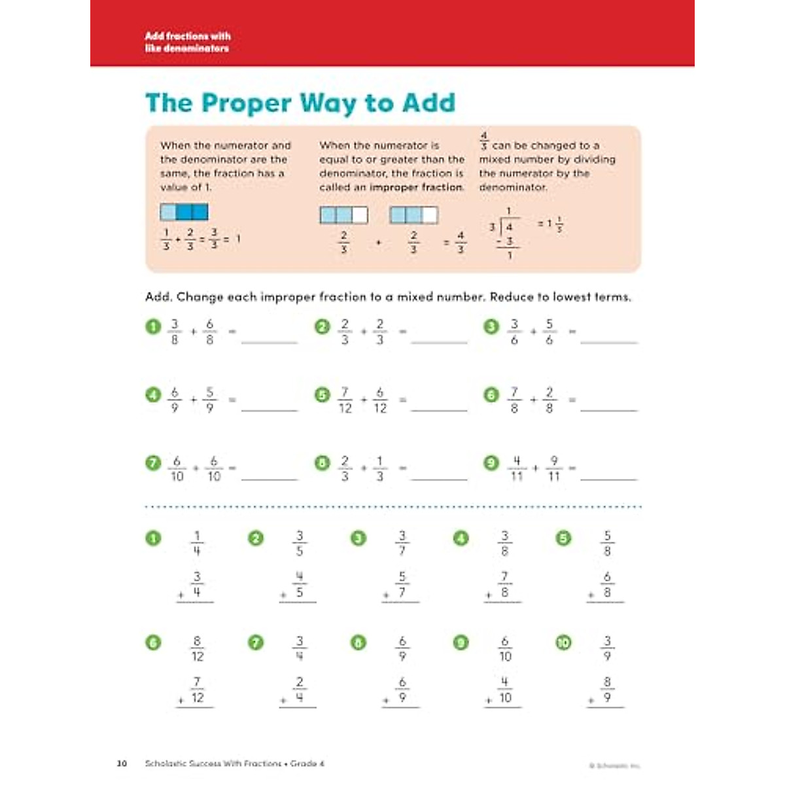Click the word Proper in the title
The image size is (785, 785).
246,103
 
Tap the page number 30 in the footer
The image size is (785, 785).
122,763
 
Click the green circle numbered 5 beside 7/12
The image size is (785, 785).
322,395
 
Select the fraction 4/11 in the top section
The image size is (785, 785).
517,468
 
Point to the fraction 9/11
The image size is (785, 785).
554,468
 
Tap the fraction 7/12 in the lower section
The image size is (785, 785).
197,689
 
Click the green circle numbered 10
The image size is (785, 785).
563,643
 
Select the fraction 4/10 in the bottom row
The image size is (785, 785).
505,689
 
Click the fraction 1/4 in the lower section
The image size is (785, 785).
197,543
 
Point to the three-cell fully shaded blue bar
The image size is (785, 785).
184,212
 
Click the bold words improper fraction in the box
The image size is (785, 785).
416,187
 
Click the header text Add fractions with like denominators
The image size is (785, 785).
188,42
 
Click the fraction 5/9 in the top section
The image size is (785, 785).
210,400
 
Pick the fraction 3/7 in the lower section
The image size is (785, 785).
402,543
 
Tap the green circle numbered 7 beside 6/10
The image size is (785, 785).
152,464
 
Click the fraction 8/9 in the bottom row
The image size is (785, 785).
607,689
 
